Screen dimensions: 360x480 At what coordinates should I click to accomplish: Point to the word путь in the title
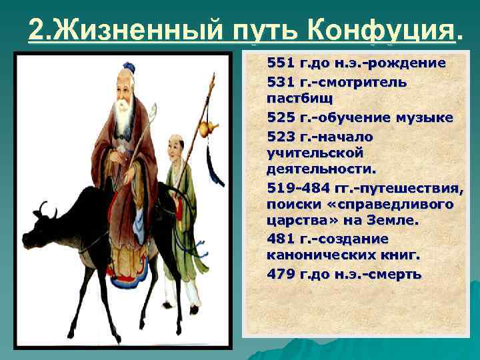(265, 30)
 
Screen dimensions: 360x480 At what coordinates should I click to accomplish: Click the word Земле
(391, 221)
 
